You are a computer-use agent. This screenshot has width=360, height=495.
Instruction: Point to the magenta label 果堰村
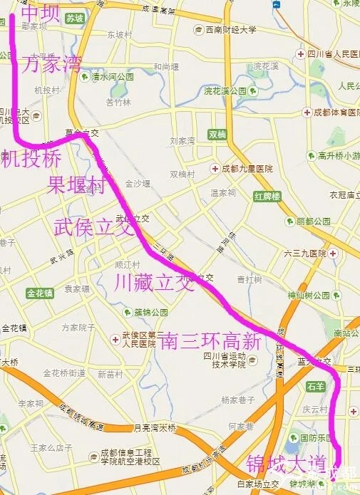point(76,185)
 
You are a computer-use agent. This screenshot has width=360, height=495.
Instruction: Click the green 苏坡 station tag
point(75,19)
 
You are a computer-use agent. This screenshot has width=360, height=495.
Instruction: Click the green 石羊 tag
point(314,387)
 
